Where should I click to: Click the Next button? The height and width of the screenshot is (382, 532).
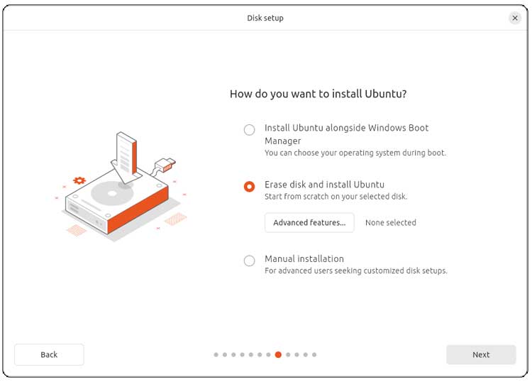coord(481,354)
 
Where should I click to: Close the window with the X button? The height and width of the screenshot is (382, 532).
coord(515,18)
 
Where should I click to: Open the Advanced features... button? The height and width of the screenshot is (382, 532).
coord(309,222)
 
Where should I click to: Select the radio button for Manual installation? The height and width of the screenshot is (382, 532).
coord(249,261)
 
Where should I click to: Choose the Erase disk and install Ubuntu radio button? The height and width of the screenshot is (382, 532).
coord(249,187)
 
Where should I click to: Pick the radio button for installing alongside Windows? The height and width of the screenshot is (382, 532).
coord(249,130)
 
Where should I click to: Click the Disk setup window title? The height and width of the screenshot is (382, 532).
coord(265,18)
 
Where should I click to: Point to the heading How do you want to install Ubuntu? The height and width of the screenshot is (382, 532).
coord(318,94)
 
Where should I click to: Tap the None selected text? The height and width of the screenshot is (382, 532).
coord(390,222)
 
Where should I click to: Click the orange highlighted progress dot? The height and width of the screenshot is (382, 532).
coord(278,354)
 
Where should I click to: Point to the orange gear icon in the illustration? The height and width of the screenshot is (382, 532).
coord(79,181)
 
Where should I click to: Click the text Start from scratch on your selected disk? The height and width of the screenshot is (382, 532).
coord(336,197)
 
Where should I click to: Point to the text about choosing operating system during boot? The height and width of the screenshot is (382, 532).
coord(355,153)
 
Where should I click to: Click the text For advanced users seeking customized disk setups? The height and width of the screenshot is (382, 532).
coord(355,271)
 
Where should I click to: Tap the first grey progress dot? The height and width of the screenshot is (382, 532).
coord(216,354)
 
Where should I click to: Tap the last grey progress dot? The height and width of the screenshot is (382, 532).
coord(314,354)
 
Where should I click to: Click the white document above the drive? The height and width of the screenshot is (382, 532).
coord(126,153)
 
